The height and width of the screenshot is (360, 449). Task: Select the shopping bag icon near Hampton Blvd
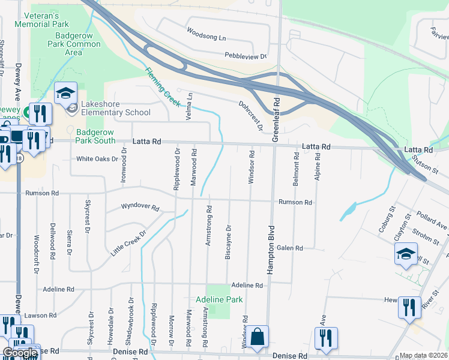tap(257, 338)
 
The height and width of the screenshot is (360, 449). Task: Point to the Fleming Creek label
tap(162, 88)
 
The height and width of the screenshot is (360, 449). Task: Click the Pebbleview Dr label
tap(246, 56)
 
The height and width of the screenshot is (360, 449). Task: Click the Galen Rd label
tap(290, 248)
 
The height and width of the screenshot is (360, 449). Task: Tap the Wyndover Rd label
tap(139, 207)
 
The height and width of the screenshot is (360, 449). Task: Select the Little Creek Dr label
tap(128, 244)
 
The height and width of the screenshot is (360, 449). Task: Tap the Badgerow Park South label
tap(95, 136)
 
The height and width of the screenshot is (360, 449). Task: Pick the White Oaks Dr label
tap(97, 159)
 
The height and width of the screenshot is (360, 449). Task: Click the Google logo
tap(20, 353)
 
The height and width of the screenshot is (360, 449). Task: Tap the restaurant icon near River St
tap(411, 308)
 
